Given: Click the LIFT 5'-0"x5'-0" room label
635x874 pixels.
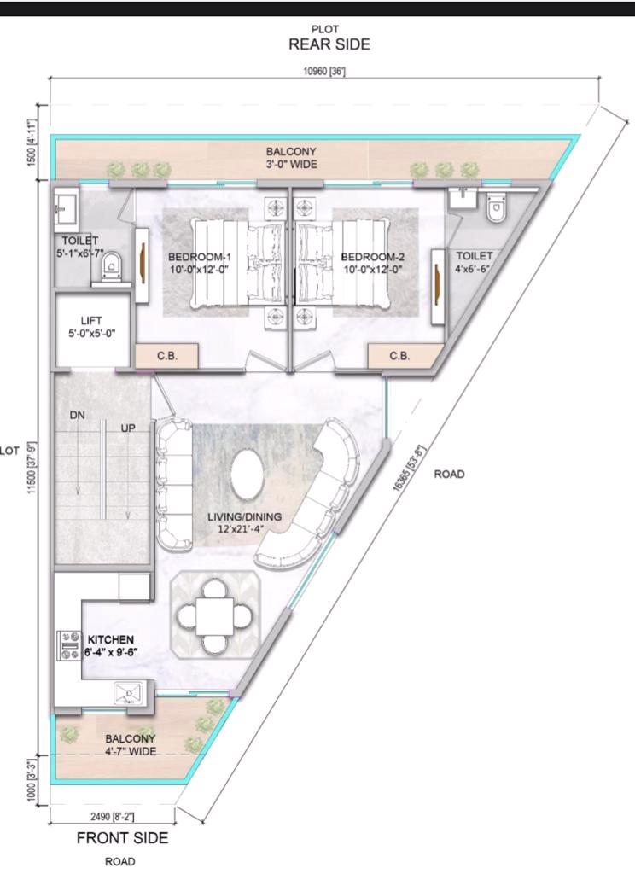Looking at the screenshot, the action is click(91, 327).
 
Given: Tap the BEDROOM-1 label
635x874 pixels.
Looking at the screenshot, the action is click(199, 257).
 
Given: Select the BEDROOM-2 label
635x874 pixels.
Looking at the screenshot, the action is click(372, 257).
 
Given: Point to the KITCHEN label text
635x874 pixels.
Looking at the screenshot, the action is click(110, 640).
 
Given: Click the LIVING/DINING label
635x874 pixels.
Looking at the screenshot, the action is click(244, 516).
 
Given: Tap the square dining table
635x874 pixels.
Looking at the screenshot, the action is click(214, 616).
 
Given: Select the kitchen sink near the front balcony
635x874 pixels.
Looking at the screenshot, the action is click(129, 694).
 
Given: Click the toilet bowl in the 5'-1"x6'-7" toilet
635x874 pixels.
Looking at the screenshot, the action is click(112, 265).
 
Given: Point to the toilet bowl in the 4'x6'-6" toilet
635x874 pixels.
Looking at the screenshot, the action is click(495, 207).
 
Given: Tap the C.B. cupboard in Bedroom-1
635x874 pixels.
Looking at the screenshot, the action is click(166, 356).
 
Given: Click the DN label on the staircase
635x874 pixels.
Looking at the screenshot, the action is click(78, 416).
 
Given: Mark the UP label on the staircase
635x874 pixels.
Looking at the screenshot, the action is click(128, 428).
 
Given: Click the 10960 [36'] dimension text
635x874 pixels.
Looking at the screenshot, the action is click(324, 72).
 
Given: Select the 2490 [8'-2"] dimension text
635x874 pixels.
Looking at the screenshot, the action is click(112, 817).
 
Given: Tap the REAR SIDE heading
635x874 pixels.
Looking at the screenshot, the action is click(329, 44).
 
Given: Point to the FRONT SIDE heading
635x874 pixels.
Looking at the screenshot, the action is click(122, 838).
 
